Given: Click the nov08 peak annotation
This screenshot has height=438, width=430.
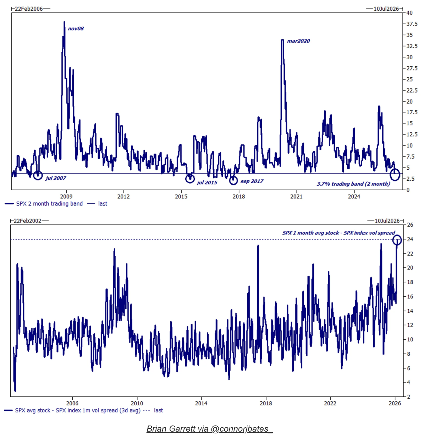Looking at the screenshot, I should pyautogui.click(x=76, y=29).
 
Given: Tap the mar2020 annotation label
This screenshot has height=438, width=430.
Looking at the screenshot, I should pyautogui.click(x=298, y=41).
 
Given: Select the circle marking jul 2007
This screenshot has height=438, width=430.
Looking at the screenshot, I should pyautogui.click(x=38, y=175).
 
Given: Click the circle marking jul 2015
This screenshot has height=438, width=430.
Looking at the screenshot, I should pyautogui.click(x=190, y=179).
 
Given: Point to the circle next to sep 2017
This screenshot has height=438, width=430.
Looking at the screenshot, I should pyautogui.click(x=233, y=181).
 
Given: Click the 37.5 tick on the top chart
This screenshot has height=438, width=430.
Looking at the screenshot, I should pyautogui.click(x=412, y=24).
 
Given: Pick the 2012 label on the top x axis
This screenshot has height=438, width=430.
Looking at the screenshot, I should pyautogui.click(x=123, y=197).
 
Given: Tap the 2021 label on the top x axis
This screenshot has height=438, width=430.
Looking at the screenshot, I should pyautogui.click(x=296, y=197).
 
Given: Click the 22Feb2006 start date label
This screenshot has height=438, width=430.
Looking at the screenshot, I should pyautogui.click(x=29, y=9).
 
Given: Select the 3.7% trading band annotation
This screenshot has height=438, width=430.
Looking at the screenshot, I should pyautogui.click(x=353, y=184).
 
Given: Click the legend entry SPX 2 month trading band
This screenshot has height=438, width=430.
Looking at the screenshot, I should pyautogui.click(x=49, y=204).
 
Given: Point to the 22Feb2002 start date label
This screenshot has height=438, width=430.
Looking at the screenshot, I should pyautogui.click(x=27, y=221).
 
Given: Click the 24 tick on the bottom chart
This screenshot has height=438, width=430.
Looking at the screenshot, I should pyautogui.click(x=410, y=239).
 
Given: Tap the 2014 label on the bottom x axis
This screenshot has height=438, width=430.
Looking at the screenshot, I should pyautogui.click(x=201, y=403).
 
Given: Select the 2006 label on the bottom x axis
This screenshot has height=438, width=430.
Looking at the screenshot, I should pyautogui.click(x=72, y=403).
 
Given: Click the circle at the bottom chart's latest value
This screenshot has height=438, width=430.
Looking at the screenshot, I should pyautogui.click(x=397, y=240).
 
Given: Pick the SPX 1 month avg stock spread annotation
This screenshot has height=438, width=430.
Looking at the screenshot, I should pyautogui.click(x=338, y=233).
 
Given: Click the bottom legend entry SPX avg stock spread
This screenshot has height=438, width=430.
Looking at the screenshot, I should pyautogui.click(x=78, y=410).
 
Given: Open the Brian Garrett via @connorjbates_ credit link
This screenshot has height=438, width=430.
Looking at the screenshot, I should pyautogui.click(x=209, y=429).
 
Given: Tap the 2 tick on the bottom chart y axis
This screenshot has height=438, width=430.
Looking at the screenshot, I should pyautogui.click(x=408, y=397).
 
